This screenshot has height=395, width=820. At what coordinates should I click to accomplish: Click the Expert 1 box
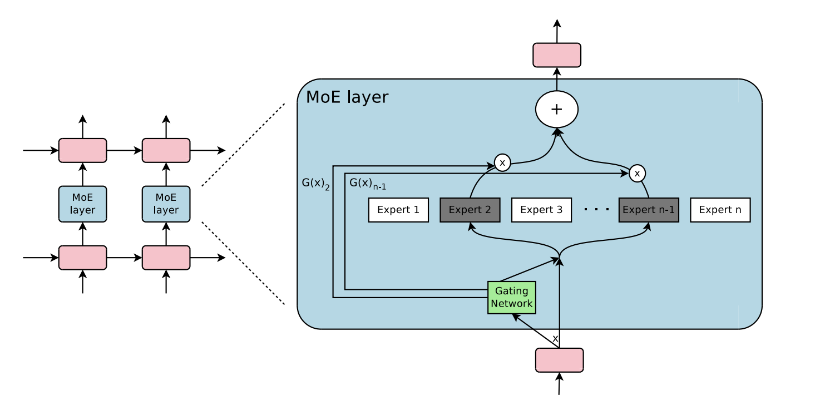(x=398, y=210)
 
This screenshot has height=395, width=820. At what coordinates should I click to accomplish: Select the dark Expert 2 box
(x=470, y=210)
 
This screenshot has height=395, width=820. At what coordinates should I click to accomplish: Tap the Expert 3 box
(x=541, y=210)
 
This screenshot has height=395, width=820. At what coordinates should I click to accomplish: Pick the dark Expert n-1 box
(x=649, y=210)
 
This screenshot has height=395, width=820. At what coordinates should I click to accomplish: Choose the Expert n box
(x=720, y=210)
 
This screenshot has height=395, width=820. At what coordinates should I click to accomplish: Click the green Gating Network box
(x=512, y=297)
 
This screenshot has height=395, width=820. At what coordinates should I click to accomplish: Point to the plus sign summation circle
(x=557, y=110)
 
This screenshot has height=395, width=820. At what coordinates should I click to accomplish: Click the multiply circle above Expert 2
(x=502, y=163)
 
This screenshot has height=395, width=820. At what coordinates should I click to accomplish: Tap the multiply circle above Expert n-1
(x=638, y=174)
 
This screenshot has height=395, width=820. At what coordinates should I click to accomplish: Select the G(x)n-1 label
(x=367, y=184)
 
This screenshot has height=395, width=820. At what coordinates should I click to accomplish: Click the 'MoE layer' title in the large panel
(x=347, y=97)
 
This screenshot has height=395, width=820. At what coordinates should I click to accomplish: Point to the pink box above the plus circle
(x=557, y=55)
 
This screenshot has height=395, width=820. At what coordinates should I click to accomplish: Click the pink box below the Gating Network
(x=559, y=360)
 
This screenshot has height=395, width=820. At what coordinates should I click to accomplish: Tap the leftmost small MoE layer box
(x=82, y=204)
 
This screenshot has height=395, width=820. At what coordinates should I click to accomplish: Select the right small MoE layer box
(x=166, y=204)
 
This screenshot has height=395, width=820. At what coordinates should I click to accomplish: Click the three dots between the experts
(x=596, y=210)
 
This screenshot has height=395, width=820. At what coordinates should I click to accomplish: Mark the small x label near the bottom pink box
(x=555, y=338)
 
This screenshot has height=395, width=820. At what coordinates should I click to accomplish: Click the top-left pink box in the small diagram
(x=82, y=150)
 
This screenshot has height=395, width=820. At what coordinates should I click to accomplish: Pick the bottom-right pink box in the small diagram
(x=166, y=258)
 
